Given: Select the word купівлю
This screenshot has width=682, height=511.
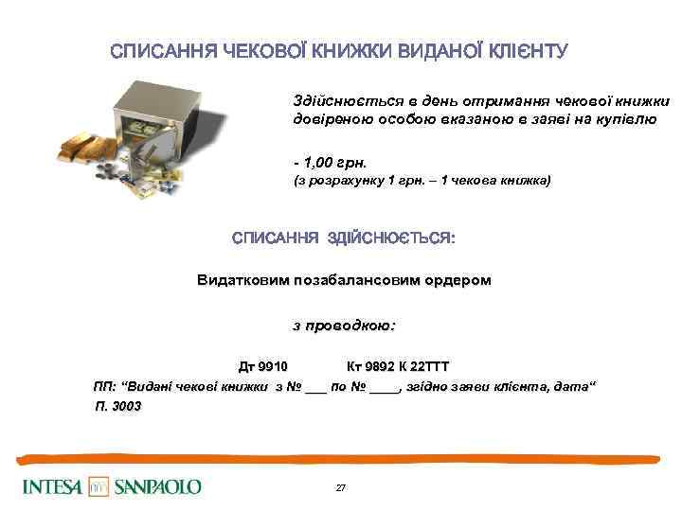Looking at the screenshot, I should (615, 120).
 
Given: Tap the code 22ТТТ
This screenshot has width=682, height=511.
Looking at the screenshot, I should (432, 366).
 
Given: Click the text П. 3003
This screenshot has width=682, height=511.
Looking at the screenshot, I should (117, 405).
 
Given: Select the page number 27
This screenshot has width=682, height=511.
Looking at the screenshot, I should (341, 487).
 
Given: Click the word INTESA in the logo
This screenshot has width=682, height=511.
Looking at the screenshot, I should (53, 487).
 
